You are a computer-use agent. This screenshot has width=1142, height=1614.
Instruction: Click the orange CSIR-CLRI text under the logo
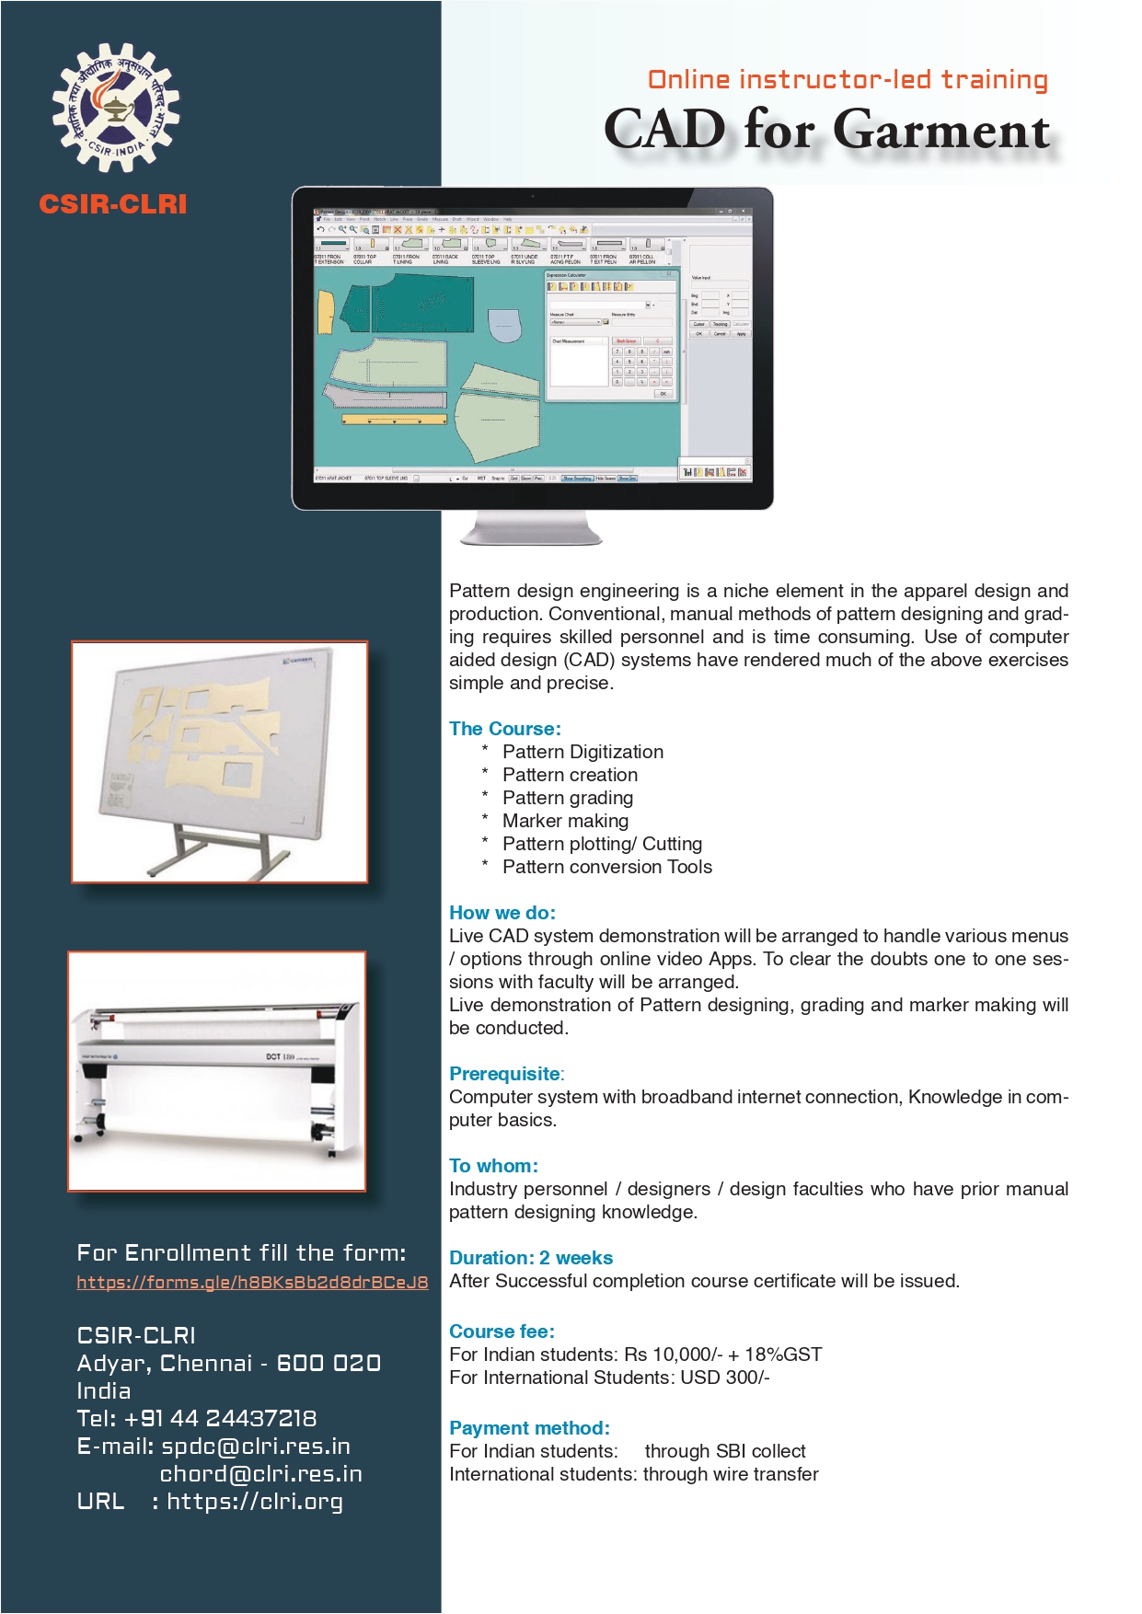tap(113, 204)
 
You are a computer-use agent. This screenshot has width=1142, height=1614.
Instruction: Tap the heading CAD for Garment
tap(826, 129)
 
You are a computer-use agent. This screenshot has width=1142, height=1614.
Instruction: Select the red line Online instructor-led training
tap(848, 80)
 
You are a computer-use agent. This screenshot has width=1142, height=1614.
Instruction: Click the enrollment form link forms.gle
tap(252, 1282)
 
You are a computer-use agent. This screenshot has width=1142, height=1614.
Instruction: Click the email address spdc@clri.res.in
tap(256, 1447)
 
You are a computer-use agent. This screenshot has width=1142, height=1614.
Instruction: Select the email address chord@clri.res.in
tap(260, 1474)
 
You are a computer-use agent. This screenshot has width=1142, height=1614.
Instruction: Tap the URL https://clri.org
tap(255, 1502)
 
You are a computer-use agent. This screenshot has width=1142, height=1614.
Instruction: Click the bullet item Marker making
tap(565, 821)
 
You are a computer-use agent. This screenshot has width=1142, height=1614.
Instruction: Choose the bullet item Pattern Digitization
tap(583, 752)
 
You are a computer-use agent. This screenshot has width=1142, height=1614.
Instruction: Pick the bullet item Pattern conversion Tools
tap(606, 867)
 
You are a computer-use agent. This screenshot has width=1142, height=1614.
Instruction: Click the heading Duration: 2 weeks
tap(531, 1258)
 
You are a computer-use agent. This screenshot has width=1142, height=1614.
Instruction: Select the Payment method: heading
tap(529, 1428)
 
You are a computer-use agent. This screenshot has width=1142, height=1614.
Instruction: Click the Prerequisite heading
tap(504, 1074)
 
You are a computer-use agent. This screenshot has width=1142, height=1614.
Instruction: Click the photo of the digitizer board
tap(219, 762)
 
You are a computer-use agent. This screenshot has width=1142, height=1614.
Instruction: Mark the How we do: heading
tap(502, 913)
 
